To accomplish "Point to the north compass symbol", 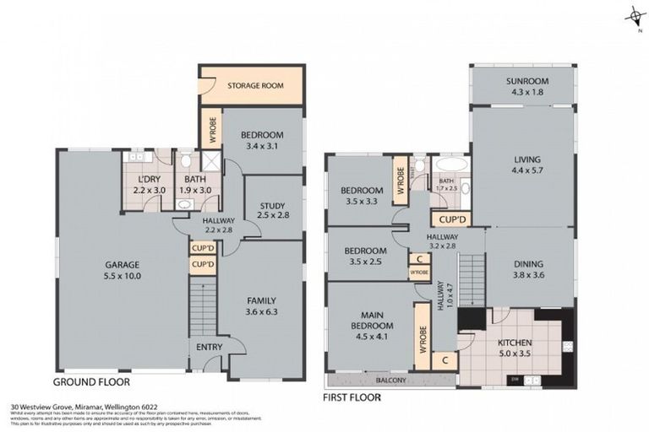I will (632, 14).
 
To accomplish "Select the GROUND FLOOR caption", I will (90, 381).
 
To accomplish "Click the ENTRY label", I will (210, 347).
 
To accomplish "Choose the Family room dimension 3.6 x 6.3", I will (262, 311).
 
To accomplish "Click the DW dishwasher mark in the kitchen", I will (515, 380).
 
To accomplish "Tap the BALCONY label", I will (390, 380).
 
